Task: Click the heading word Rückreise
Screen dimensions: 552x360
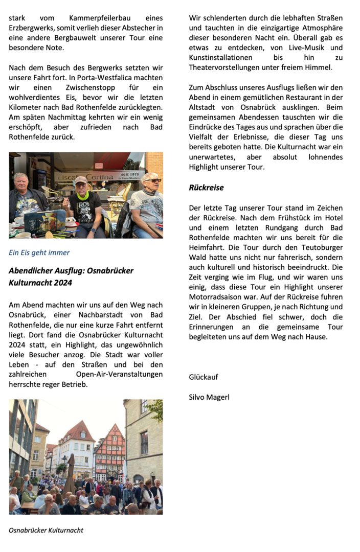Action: coord(206,188)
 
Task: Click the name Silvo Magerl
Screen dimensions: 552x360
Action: coord(209,396)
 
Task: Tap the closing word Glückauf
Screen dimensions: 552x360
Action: coord(204,377)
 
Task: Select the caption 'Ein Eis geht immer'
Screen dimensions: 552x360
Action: coord(39,252)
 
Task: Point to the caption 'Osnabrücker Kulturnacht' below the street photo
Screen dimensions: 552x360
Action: coord(46,530)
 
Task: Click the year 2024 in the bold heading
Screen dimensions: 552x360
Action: coord(61,283)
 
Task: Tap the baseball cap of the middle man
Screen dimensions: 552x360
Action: coord(81,180)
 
